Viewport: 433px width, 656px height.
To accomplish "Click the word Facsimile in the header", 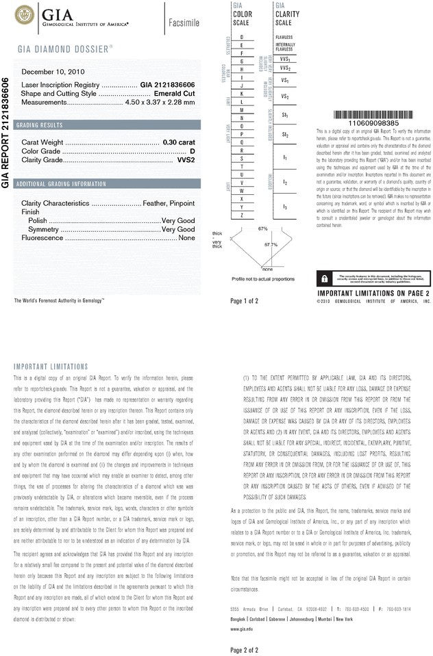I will pos(184,22).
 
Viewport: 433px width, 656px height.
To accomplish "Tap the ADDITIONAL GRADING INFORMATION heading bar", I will pos(61,184).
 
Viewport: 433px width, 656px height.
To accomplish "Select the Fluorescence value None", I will pos(186,237).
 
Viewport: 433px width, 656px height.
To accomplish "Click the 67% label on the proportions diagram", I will pos(262,228).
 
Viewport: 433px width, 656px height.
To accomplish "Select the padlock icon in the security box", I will pos(323,278).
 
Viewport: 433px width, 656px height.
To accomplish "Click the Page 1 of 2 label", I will pos(245,300).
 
